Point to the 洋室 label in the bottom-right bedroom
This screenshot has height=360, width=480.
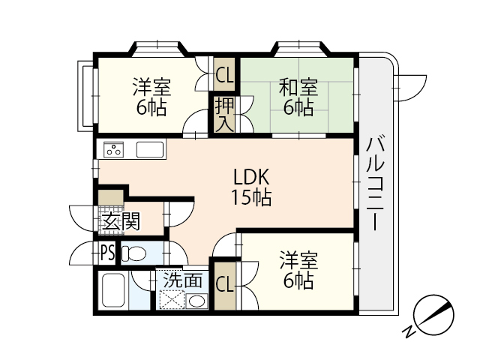coord(298,271)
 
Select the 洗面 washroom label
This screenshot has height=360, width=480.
coord(183,280)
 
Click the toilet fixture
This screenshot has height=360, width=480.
coord(133,253)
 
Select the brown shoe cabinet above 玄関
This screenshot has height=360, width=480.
coord(110,199)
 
